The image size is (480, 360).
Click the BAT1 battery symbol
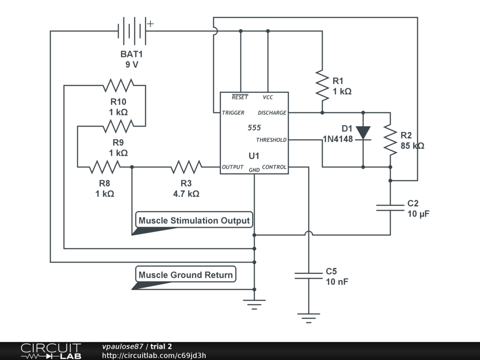(x=132, y=31)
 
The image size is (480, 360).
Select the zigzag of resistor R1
(x=322, y=85)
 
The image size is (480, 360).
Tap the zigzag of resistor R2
(x=390, y=140)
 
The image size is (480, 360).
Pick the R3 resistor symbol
(x=186, y=167)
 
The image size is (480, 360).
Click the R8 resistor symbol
(x=105, y=167)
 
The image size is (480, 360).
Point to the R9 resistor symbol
(x=118, y=126)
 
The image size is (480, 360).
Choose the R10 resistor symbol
(x=118, y=85)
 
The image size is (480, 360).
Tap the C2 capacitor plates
(x=390, y=208)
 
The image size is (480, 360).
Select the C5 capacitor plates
(x=308, y=276)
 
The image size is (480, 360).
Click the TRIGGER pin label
(x=233, y=112)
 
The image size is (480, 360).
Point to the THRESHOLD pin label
(x=271, y=140)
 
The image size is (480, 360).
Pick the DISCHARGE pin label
(x=272, y=112)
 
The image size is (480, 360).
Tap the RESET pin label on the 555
(x=240, y=97)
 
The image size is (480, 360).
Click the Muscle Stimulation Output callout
(x=194, y=220)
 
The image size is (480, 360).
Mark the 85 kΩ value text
(x=412, y=146)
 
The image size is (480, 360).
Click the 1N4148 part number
(x=338, y=139)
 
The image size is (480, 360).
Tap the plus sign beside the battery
(x=150, y=23)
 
